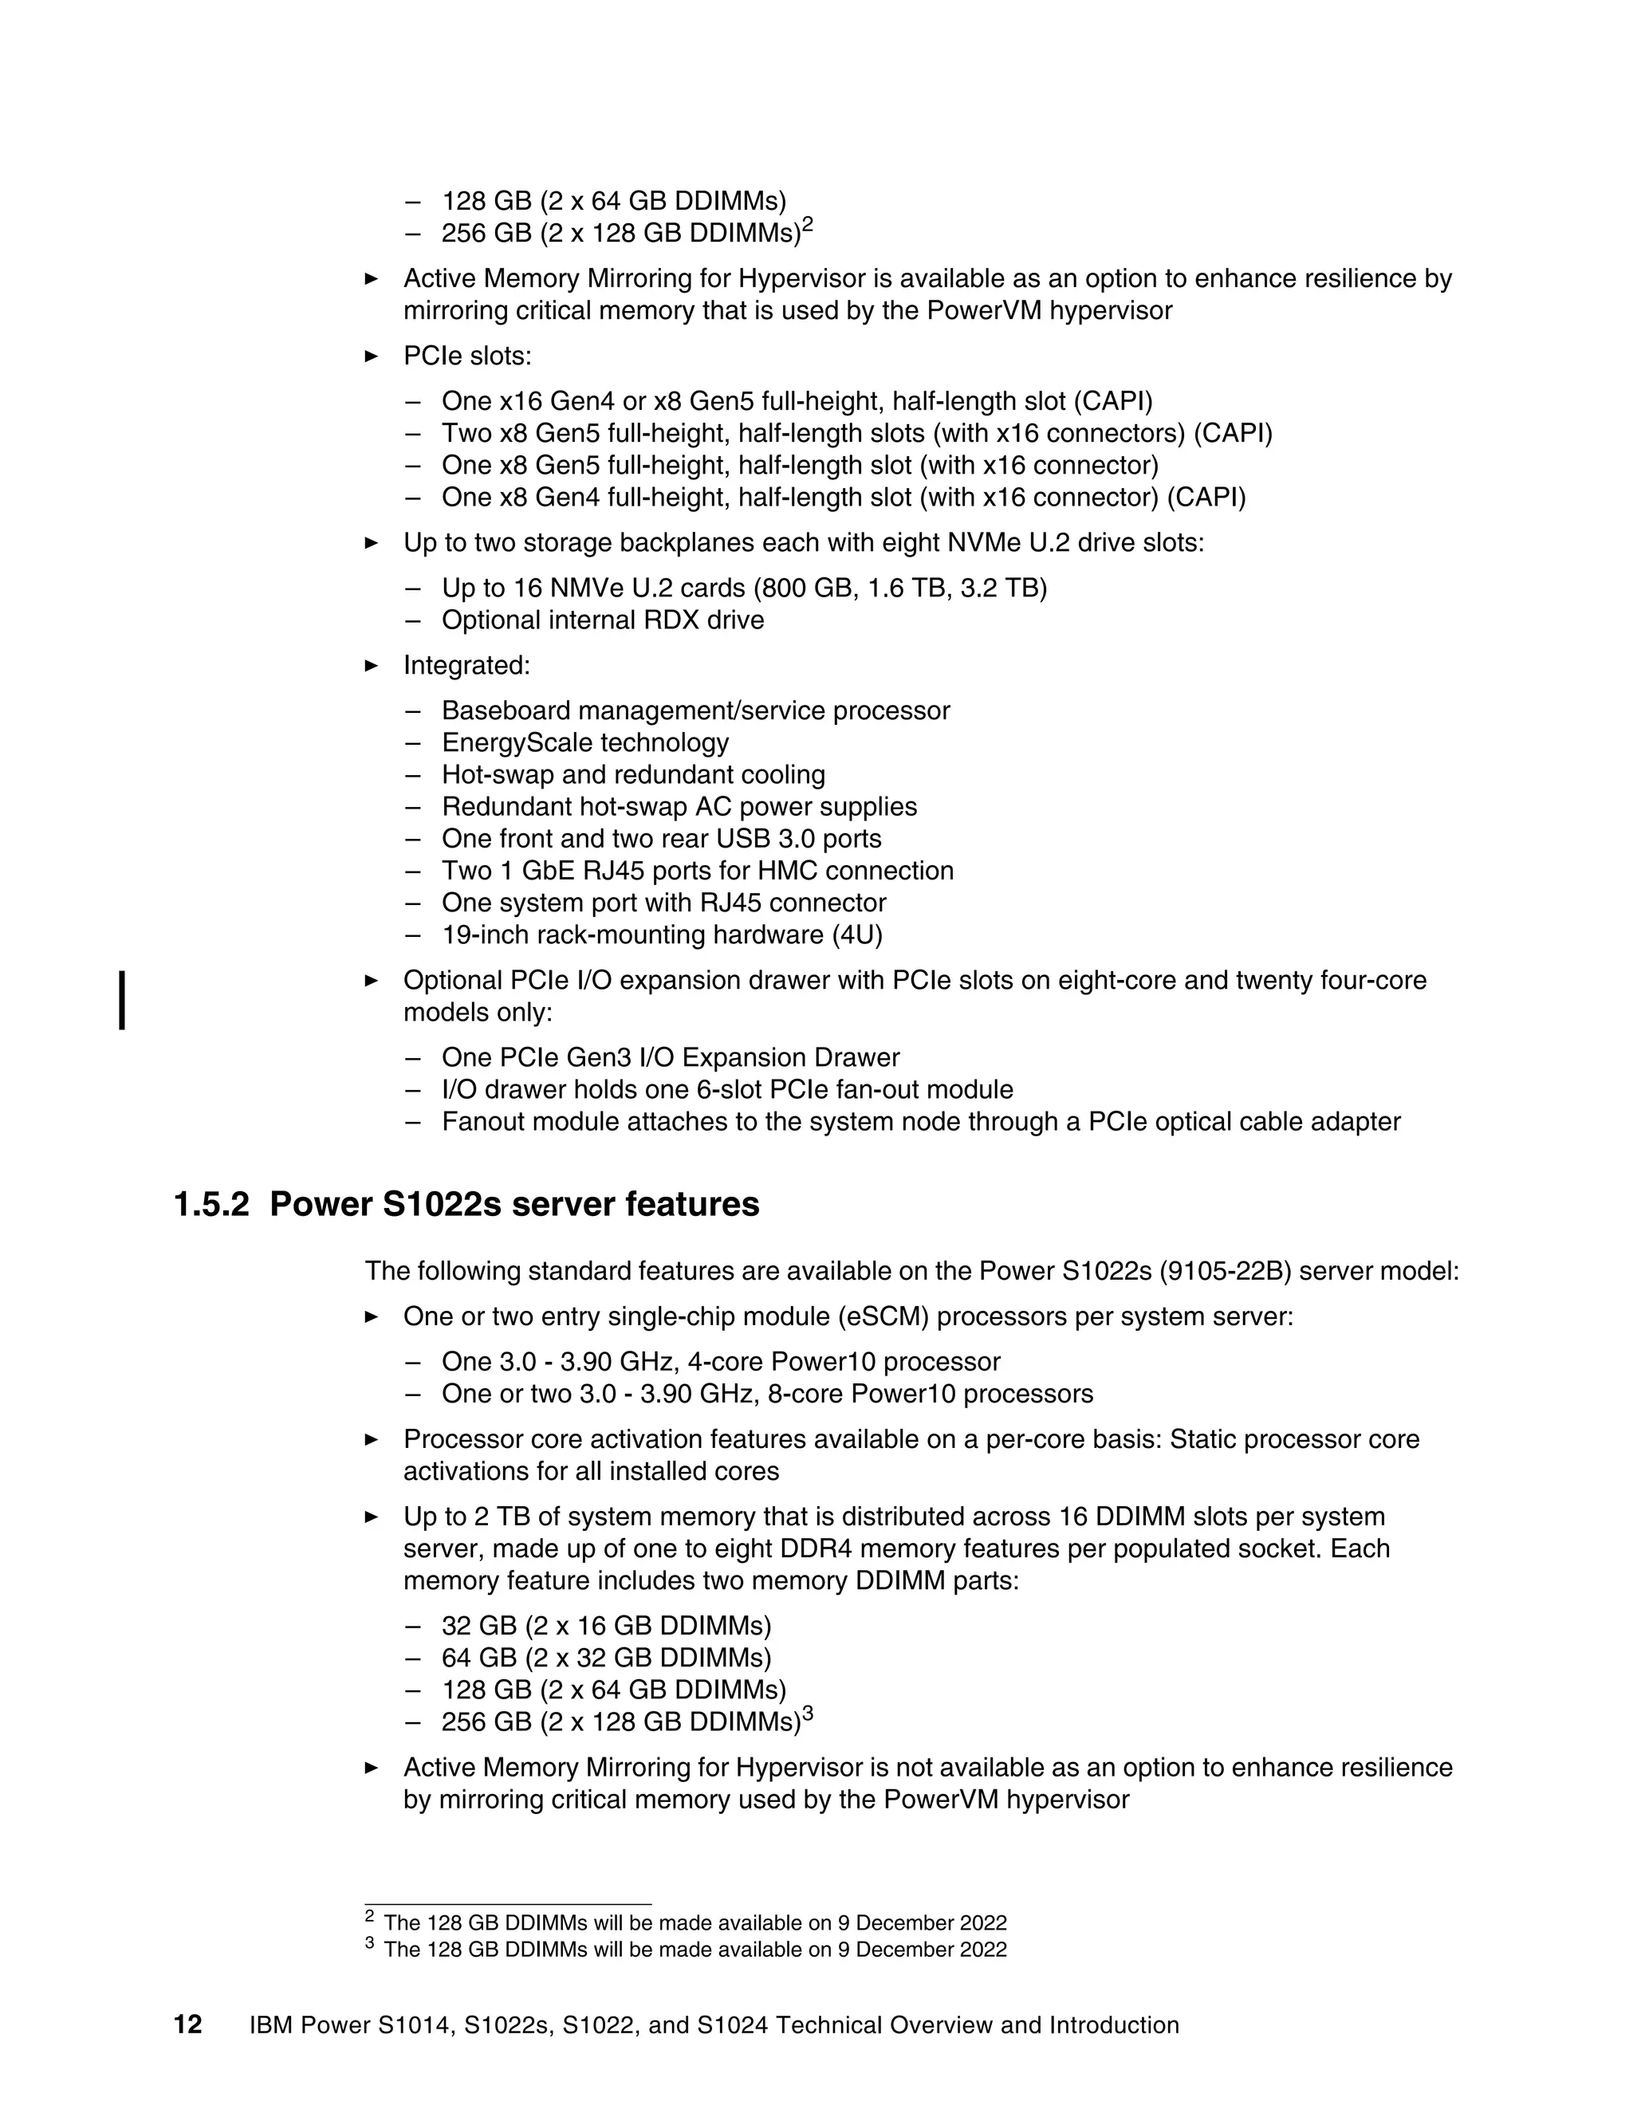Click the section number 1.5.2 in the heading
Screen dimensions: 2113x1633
(211, 1205)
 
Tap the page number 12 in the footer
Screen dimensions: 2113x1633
(187, 2025)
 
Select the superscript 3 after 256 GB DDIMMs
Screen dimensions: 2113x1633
(808, 1714)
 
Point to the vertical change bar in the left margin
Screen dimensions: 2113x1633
(122, 999)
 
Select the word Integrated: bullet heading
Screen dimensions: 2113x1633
(467, 666)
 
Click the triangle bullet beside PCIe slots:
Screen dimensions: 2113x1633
(372, 356)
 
